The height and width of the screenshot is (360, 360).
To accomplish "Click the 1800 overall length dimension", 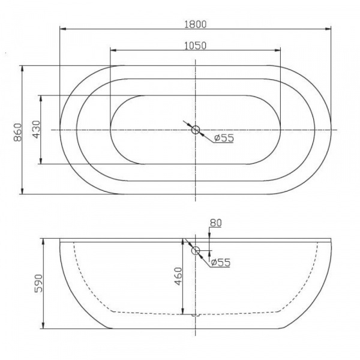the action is (196, 25).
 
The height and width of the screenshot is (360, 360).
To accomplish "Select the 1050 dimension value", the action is (196, 46).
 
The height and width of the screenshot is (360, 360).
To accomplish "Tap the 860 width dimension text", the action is (17, 132).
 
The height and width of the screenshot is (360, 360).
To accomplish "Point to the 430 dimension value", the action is (36, 129).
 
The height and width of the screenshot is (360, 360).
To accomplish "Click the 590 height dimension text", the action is (38, 283).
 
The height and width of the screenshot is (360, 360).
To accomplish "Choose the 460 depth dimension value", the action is (178, 276).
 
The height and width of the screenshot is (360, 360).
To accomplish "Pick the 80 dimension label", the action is (215, 223).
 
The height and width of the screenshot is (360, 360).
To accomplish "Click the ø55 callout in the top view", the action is (224, 138).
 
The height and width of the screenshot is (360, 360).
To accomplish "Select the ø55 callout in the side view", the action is (220, 262).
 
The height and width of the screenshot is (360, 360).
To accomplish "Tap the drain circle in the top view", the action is (196, 130).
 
